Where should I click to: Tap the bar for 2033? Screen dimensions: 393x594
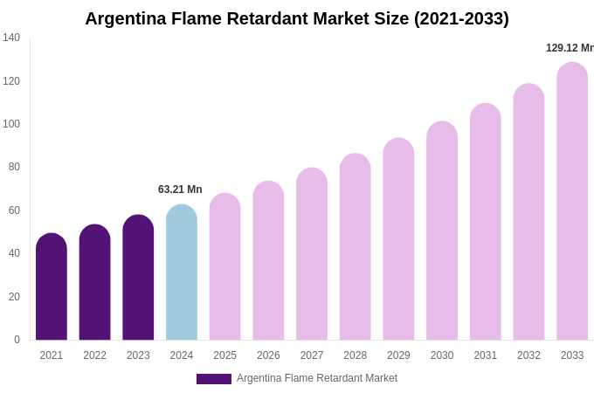(x=572, y=201)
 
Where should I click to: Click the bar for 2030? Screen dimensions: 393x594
(x=442, y=231)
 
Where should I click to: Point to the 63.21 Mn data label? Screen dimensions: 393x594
(x=180, y=190)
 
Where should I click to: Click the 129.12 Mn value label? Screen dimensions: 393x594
(x=570, y=48)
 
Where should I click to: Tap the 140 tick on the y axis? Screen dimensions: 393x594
(x=11, y=38)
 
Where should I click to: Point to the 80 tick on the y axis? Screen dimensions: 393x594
(x=14, y=167)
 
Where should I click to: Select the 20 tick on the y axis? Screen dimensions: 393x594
(x=14, y=297)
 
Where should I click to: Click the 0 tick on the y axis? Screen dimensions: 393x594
(x=17, y=340)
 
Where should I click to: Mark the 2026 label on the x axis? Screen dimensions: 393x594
(x=268, y=355)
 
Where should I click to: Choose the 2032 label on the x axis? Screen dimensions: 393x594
(x=528, y=355)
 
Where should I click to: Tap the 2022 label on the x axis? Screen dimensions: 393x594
(x=94, y=355)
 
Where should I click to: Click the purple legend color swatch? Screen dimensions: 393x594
(x=214, y=379)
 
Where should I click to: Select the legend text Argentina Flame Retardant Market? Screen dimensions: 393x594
(x=316, y=378)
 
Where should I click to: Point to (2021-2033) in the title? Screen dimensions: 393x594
(x=461, y=18)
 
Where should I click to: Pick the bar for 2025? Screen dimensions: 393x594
(x=225, y=266)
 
